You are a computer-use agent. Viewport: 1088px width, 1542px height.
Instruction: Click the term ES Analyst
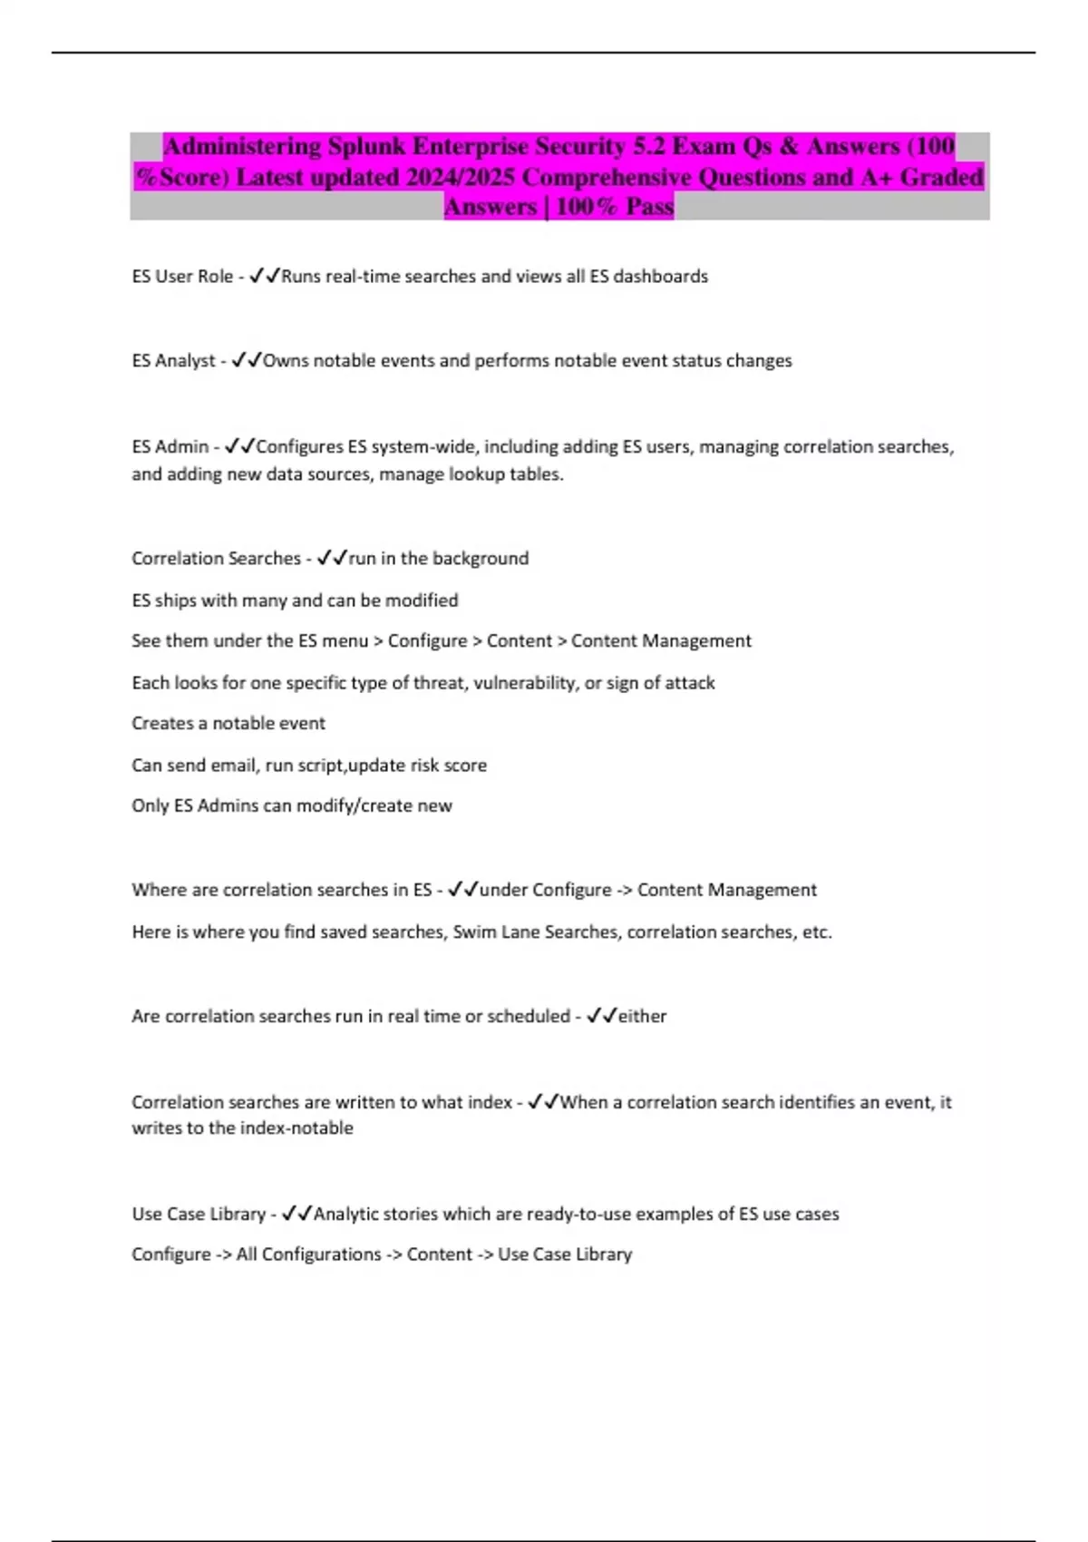click(x=173, y=361)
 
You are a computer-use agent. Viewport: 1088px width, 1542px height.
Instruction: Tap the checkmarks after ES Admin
click(x=240, y=446)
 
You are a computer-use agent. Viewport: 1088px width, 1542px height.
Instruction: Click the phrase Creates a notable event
click(x=228, y=724)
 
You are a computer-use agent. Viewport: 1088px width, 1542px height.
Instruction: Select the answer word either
click(x=642, y=1017)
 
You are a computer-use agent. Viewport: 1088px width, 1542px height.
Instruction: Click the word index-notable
click(x=296, y=1128)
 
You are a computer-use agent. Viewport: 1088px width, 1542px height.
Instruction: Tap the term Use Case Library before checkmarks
click(x=199, y=1215)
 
